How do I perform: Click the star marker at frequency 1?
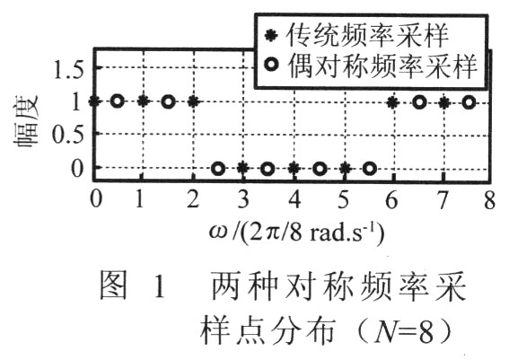point(143,101)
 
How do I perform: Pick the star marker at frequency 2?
point(193,102)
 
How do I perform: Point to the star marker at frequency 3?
point(242,169)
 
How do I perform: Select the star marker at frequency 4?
point(294,169)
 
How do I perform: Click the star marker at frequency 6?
point(393,103)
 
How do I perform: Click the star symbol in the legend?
point(271,35)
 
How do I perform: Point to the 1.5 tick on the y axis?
point(69,69)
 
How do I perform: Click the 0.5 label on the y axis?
point(68,135)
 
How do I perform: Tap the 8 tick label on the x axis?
point(489,199)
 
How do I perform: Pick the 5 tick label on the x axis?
point(344,199)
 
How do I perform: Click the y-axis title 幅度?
point(26,121)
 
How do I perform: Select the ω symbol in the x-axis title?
point(218,232)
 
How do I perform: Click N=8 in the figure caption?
point(404,332)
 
